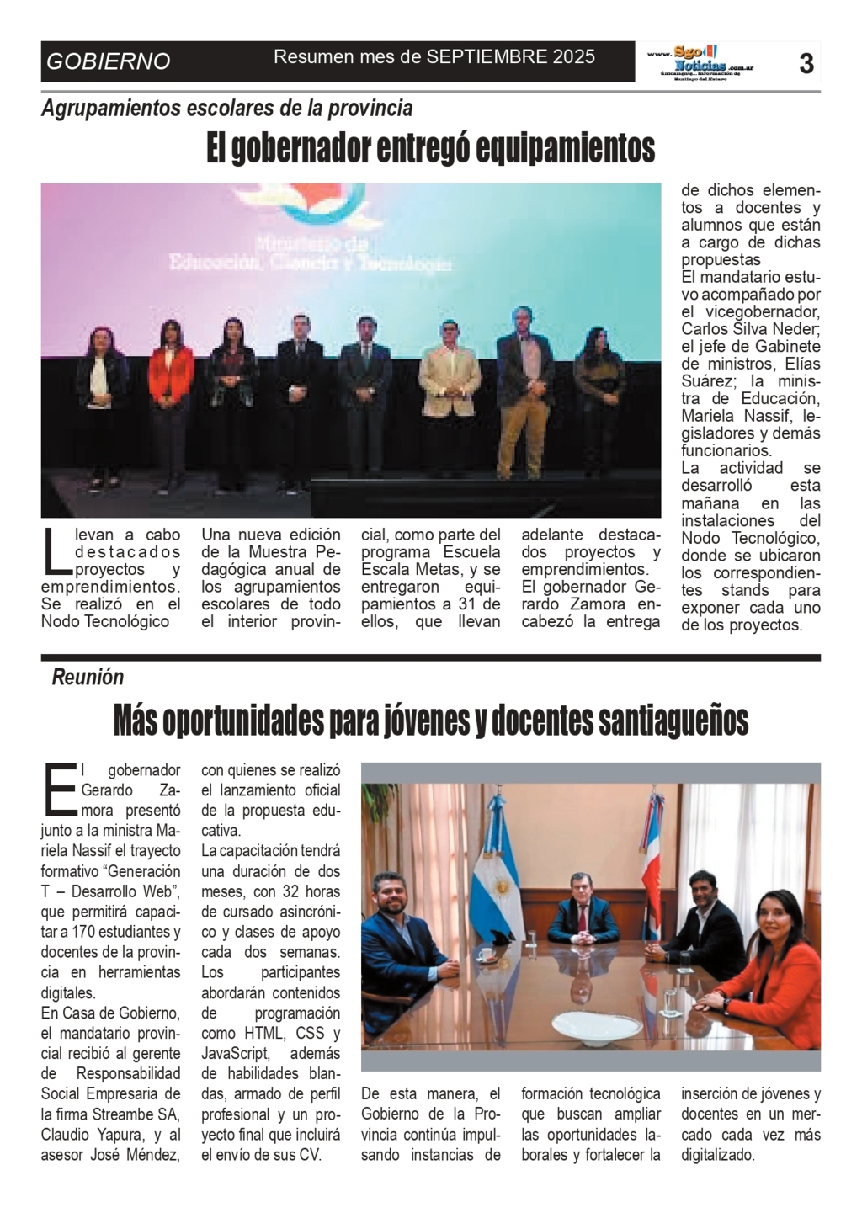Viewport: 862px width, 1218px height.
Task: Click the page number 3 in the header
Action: click(x=806, y=62)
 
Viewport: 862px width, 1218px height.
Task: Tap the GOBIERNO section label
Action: click(x=109, y=61)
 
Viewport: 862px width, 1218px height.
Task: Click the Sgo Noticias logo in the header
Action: click(x=699, y=62)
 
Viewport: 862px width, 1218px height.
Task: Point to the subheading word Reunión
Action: click(x=88, y=677)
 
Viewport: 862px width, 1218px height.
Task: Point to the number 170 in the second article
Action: click(x=97, y=932)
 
